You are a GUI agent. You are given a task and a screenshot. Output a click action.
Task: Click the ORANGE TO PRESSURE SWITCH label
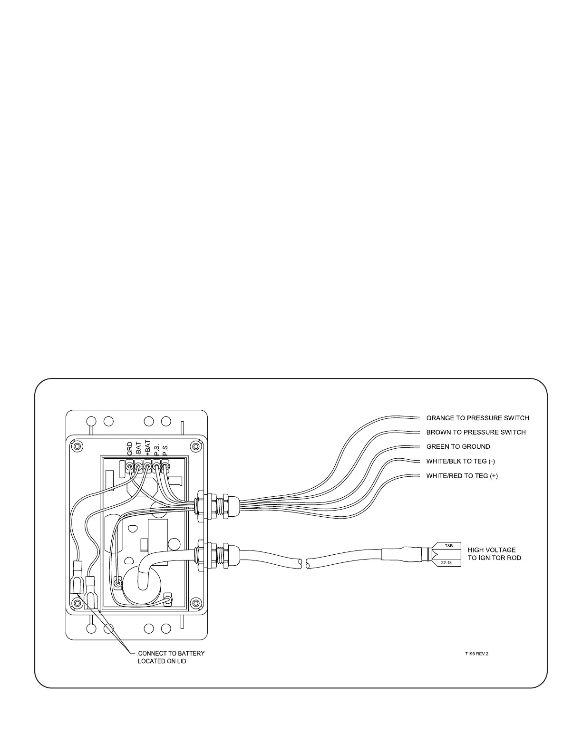point(477,418)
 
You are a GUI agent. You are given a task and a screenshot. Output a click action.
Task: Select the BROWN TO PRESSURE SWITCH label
point(475,433)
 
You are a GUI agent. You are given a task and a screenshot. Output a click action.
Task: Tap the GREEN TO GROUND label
point(458,447)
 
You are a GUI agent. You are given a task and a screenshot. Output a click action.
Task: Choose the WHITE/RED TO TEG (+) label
point(462,476)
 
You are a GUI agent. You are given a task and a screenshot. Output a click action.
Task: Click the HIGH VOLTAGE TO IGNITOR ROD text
point(494,554)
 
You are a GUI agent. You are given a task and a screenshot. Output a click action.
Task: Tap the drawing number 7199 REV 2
point(476,654)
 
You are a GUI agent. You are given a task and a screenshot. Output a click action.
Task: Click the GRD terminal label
point(130,449)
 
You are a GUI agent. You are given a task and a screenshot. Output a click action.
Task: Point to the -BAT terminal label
point(138,449)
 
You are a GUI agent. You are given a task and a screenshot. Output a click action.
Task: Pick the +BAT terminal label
point(147,448)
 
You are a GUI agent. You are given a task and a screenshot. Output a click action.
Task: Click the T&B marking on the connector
point(448,546)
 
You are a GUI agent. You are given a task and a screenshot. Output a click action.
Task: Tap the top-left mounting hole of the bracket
point(92,421)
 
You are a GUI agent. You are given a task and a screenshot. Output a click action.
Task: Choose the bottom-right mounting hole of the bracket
point(165,628)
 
